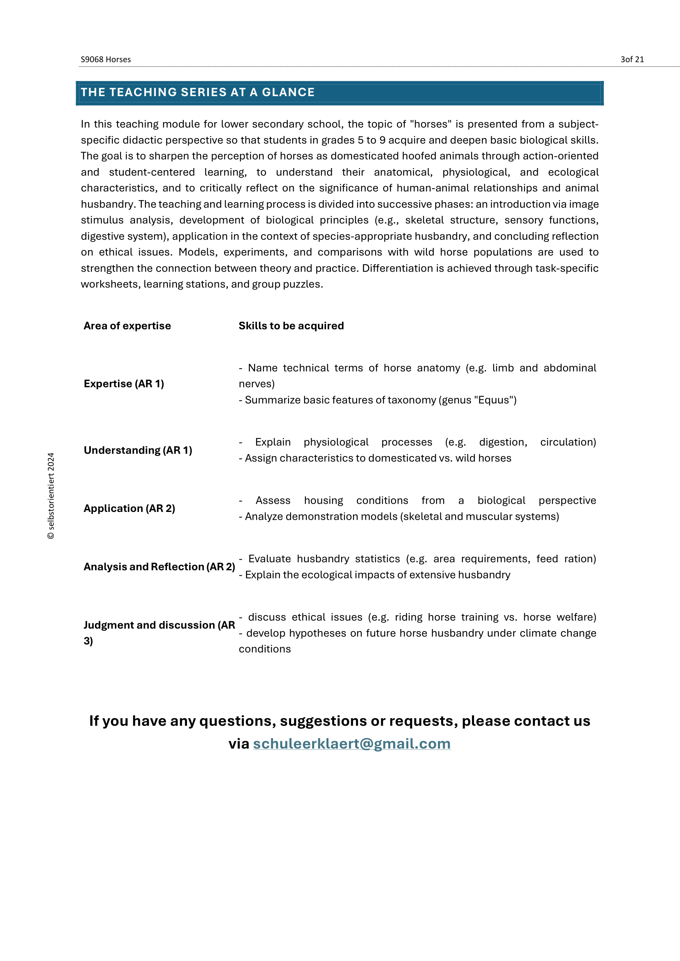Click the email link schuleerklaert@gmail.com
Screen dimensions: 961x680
tap(352, 744)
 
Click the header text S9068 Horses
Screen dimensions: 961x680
tap(106, 60)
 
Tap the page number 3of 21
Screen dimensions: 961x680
tap(632, 60)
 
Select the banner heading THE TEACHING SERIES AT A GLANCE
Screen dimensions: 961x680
tap(198, 92)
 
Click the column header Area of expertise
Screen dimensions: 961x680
tap(127, 326)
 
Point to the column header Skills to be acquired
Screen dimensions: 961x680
tap(291, 326)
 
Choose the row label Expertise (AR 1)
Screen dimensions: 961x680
tap(123, 383)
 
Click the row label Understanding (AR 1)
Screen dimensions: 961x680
tap(138, 450)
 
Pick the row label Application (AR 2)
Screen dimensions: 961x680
tap(129, 508)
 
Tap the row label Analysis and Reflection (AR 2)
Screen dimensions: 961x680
tap(159, 566)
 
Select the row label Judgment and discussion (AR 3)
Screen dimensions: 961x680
tap(159, 625)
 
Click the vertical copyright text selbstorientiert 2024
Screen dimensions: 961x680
tap(51, 495)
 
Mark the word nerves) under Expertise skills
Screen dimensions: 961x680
tap(256, 384)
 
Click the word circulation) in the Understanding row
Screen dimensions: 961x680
tap(568, 442)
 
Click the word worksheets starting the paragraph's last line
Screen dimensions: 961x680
tap(110, 284)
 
